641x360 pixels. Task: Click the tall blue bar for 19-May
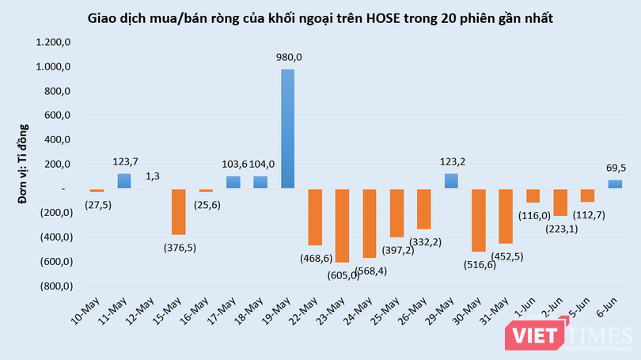(289, 129)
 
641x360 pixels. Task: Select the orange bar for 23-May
(342, 225)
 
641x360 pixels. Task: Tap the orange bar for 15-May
(179, 212)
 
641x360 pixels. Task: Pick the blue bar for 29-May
(450, 181)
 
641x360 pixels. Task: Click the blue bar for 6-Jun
(614, 184)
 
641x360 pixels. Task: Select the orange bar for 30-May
(478, 220)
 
